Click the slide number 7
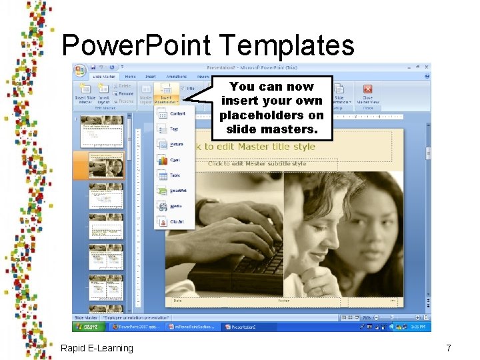click(449, 348)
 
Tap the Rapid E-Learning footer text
click(97, 348)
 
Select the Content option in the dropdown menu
click(177, 113)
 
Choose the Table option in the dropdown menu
click(175, 175)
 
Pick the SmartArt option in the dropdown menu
click(177, 191)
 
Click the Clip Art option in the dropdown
click(177, 222)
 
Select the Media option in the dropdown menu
click(175, 207)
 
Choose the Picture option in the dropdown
click(176, 145)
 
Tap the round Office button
click(79, 69)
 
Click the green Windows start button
click(89, 327)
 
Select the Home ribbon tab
click(131, 77)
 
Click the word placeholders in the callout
click(272, 115)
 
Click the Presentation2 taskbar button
click(242, 327)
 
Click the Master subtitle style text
click(257, 163)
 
